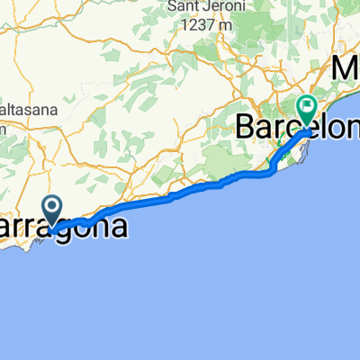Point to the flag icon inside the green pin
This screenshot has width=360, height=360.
click(x=308, y=107)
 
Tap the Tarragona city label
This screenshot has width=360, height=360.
click(x=63, y=226)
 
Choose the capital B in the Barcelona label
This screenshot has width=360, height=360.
click(x=245, y=126)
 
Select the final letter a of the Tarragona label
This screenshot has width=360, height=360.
click(x=118, y=226)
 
